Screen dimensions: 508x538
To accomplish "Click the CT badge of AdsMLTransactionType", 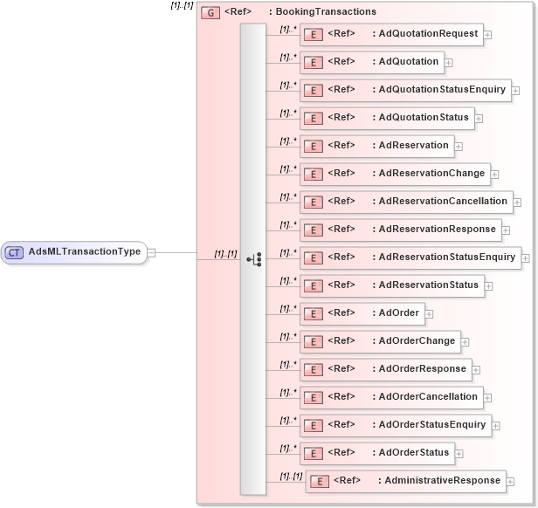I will point(15,252).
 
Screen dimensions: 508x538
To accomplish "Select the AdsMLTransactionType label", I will point(85,252).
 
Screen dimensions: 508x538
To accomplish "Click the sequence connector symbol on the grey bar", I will point(254,259).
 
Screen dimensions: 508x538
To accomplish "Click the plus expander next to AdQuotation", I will point(447,62).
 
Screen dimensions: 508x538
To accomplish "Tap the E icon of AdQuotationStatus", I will point(313,118).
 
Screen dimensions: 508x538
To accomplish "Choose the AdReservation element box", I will point(376,146).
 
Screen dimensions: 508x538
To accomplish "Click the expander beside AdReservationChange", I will point(494,175).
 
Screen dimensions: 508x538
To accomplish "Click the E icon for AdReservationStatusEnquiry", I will point(313,257).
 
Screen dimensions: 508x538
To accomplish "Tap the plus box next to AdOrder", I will point(429,313).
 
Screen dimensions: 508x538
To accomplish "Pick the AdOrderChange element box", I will point(380,341).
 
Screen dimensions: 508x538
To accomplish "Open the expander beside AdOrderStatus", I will point(459,454).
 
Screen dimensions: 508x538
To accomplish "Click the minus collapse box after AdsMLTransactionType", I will point(152,252).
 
